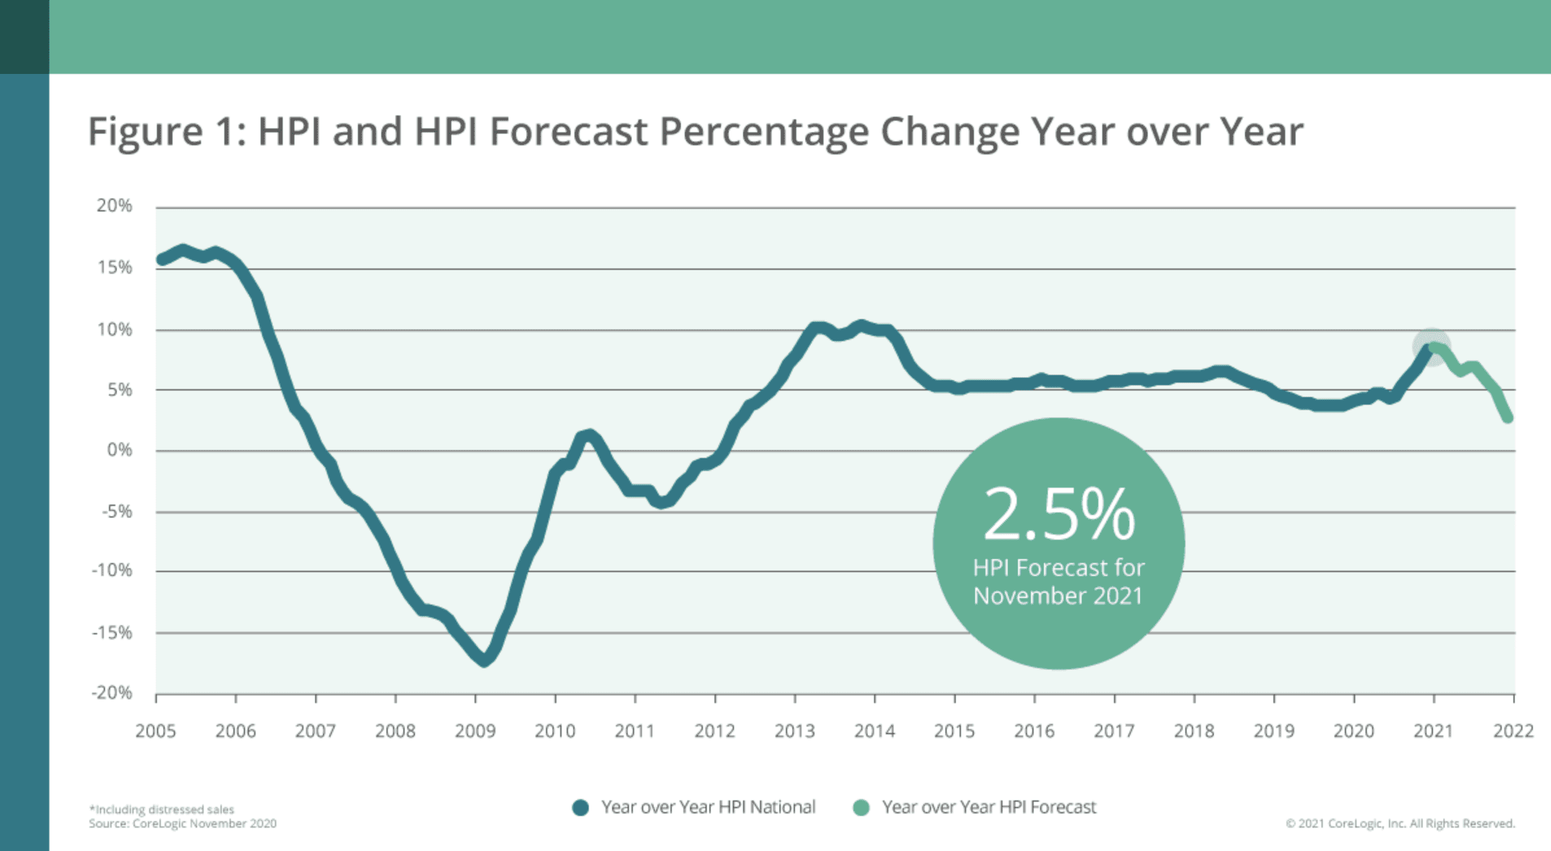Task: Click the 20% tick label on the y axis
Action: click(x=114, y=206)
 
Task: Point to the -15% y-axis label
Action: click(x=112, y=632)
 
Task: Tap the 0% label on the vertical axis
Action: click(x=119, y=450)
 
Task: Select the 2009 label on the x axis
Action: click(x=475, y=731)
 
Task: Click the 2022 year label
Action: click(x=1513, y=731)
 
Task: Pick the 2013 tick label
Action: click(x=794, y=731)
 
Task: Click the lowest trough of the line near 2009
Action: click(x=484, y=661)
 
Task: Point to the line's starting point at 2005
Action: click(x=161, y=260)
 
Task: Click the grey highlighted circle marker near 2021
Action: click(x=1431, y=347)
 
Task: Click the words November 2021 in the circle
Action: click(x=1058, y=596)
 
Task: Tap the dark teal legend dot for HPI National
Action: click(x=580, y=808)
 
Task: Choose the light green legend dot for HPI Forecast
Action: click(x=861, y=808)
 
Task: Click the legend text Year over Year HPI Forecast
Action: click(x=988, y=807)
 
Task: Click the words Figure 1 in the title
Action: click(x=166, y=132)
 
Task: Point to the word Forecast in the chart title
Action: click(x=568, y=132)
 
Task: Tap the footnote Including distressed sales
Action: click(x=161, y=809)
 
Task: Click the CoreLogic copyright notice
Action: click(x=1400, y=824)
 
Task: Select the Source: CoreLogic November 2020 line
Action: click(x=182, y=824)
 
